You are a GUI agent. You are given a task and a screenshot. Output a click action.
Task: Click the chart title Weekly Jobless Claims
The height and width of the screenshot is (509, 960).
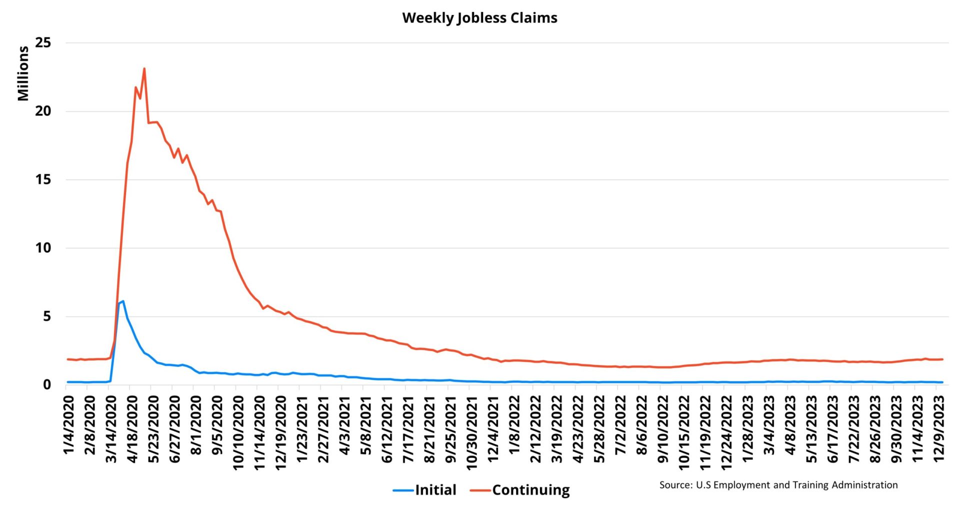479,18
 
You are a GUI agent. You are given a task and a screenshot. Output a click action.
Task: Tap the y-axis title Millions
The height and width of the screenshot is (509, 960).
23,73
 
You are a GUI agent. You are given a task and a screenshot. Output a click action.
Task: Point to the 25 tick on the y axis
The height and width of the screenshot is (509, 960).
43,43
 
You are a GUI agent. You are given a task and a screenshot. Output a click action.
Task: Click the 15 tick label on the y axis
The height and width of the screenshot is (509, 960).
43,179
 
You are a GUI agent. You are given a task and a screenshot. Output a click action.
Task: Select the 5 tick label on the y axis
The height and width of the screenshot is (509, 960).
46,316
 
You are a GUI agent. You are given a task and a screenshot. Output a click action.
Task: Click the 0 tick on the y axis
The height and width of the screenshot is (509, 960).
46,385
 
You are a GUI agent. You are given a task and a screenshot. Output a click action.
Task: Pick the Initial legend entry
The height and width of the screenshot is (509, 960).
425,490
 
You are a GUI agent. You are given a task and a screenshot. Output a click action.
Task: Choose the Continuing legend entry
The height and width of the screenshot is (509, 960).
520,490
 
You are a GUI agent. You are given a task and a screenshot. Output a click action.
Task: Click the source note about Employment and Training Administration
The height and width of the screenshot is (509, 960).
778,485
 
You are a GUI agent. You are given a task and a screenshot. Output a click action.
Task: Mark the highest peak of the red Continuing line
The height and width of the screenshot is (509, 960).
144,68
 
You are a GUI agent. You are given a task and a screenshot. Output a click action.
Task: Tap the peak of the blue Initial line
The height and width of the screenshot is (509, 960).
123,301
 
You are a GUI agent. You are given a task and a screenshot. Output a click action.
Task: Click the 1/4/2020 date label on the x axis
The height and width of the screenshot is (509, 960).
69,425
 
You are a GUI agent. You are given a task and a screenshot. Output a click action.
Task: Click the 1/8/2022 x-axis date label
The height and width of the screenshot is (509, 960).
514,425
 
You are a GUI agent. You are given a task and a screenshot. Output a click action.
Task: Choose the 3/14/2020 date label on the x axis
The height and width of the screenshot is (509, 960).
111,429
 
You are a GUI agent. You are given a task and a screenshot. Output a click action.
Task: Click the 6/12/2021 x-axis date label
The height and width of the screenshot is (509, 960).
387,429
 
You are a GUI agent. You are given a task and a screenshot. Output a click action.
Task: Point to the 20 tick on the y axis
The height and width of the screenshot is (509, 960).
43,111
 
